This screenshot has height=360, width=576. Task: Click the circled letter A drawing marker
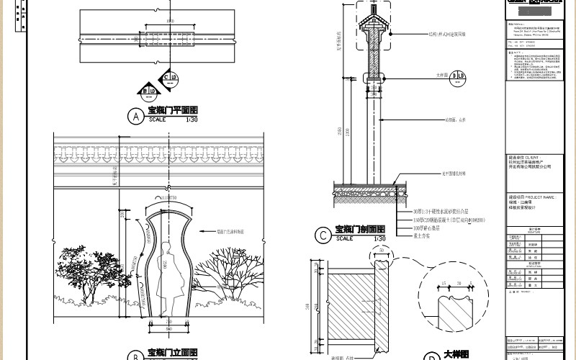(133, 115)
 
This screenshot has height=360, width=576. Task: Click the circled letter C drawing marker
(322, 234)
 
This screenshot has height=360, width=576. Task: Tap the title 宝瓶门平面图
(173, 111)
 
